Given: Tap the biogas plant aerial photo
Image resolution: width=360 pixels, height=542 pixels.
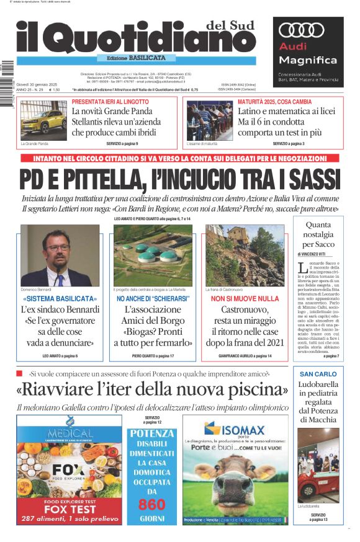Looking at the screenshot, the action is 153,255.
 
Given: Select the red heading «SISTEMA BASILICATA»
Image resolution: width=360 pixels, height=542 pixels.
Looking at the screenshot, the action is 60,299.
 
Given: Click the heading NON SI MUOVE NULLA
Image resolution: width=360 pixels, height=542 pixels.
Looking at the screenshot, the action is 245,299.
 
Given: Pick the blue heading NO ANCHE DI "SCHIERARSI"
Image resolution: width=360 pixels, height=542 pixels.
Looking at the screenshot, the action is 153,299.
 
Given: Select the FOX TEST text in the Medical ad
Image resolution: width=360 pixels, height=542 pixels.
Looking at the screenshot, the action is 70,509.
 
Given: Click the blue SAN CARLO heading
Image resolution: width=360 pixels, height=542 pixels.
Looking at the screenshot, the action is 318,374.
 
